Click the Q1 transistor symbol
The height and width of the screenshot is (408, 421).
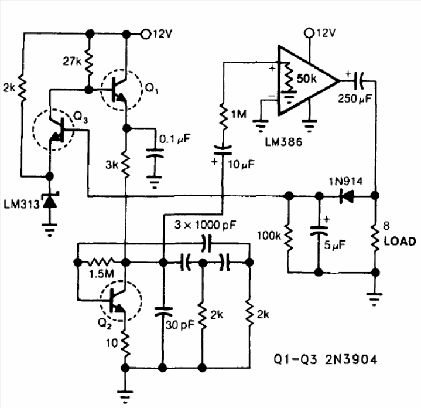click(x=121, y=90)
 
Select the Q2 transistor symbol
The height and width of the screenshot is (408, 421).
click(x=121, y=301)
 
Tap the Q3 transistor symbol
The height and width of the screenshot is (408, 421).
click(x=53, y=130)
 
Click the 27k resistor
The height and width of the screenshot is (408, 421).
click(x=89, y=62)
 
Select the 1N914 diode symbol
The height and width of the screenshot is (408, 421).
click(x=347, y=196)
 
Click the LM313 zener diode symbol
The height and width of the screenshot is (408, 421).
click(x=50, y=200)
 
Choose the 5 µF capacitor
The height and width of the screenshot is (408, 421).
click(x=319, y=232)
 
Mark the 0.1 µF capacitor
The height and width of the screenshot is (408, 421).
click(x=155, y=153)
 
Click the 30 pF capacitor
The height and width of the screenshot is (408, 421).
click(x=163, y=312)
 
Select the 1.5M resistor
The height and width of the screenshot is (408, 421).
click(x=102, y=262)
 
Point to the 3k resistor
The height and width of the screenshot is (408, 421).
click(x=125, y=165)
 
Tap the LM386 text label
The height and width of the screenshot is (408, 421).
click(x=283, y=142)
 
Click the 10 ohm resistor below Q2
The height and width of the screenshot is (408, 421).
click(x=125, y=343)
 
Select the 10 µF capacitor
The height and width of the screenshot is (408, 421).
click(x=223, y=150)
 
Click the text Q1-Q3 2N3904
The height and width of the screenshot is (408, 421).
click(x=326, y=359)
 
